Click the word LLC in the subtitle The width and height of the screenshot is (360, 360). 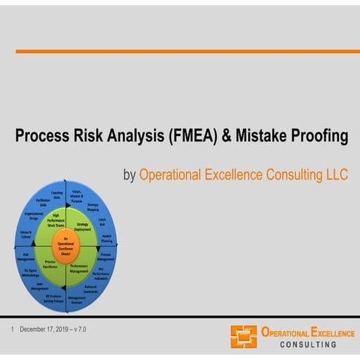335,175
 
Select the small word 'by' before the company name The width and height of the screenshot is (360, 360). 129,175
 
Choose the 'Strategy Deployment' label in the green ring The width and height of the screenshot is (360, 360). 83,227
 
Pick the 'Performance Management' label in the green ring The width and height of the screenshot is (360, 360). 79,268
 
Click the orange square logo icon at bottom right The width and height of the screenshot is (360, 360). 244,336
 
